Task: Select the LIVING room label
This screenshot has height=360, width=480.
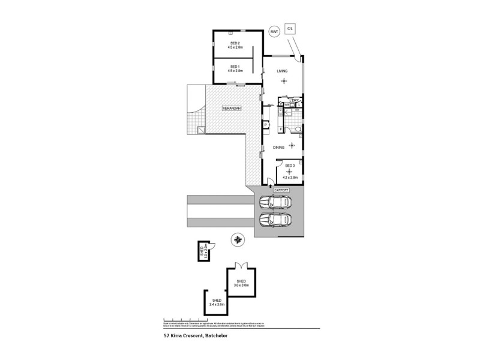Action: click(x=282, y=71)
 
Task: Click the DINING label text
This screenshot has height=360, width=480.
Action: click(x=278, y=147)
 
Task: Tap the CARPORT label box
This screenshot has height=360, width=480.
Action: click(x=281, y=190)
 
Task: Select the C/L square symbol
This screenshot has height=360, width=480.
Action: click(x=290, y=28)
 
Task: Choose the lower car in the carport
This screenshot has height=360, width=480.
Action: click(x=275, y=221)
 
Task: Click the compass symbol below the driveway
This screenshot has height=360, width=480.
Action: click(x=238, y=241)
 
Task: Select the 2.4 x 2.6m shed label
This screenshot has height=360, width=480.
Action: click(x=216, y=302)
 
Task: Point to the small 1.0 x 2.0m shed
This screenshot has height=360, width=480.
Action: click(x=205, y=252)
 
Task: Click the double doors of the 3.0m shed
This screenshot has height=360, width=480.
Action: click(x=241, y=265)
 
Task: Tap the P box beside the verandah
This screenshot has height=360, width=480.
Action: click(x=265, y=125)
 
